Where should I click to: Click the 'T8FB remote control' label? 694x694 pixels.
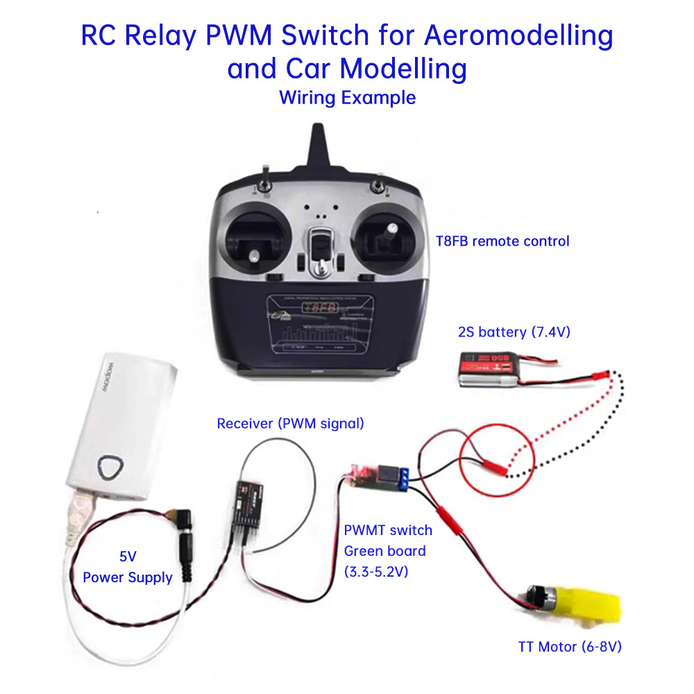502,242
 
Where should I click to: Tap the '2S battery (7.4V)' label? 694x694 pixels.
514,332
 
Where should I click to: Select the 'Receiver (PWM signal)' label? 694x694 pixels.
290,423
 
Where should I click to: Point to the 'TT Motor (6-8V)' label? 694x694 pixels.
569,647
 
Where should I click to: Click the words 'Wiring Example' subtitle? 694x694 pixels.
347,97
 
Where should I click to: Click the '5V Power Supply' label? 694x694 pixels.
128,567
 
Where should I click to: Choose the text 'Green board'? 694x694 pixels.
384,551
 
